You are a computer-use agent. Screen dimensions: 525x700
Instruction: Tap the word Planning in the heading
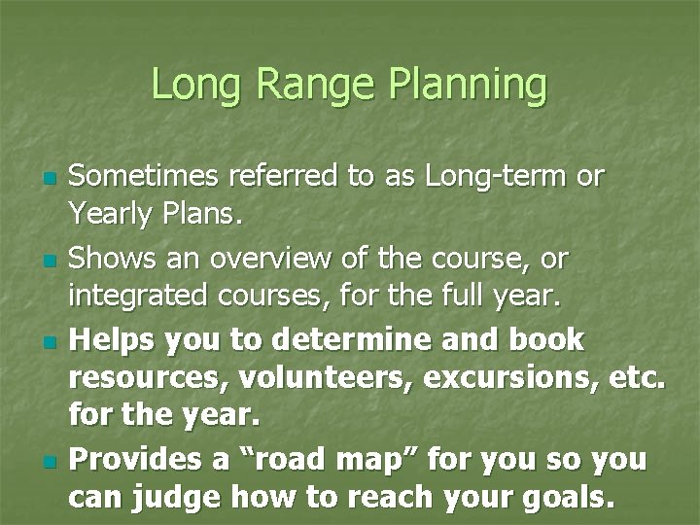coord(468,86)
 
